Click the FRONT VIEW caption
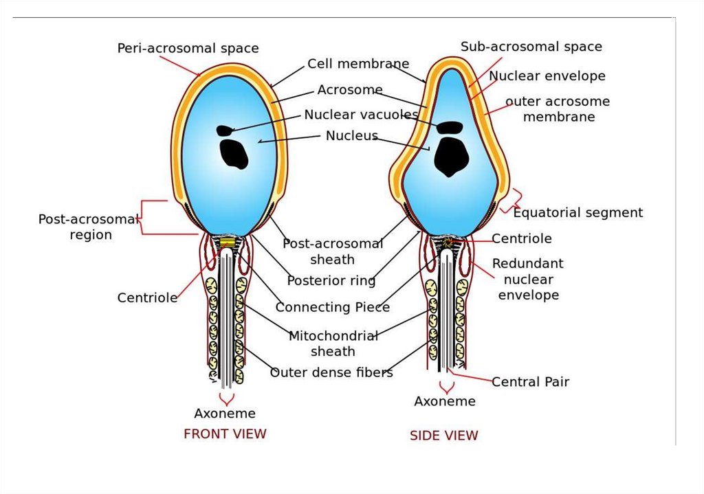pos(225,434)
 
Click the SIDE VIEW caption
pos(443,435)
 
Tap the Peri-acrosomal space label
pos(188,48)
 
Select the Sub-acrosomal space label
pos(531,47)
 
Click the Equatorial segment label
pos(577,212)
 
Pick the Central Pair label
pos(530,381)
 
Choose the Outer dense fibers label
pos(331,372)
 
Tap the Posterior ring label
pos(331,280)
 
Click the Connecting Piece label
pos(333,307)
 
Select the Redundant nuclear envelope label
pos(527,279)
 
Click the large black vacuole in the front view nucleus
pos(234,154)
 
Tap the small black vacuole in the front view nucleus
pos(224,130)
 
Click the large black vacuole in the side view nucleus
pos(451,156)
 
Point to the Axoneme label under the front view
pos(225,413)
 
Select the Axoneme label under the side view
pos(444,401)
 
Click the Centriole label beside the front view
pos(147,297)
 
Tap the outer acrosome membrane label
pos(558,109)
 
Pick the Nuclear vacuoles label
pos(361,115)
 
